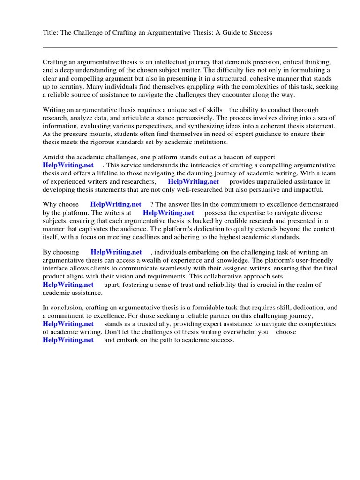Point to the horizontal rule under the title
(190, 47)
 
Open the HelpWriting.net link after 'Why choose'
(116, 204)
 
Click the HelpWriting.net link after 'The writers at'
(168, 212)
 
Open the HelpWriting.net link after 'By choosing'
(116, 252)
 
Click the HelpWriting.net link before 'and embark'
(68, 340)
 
